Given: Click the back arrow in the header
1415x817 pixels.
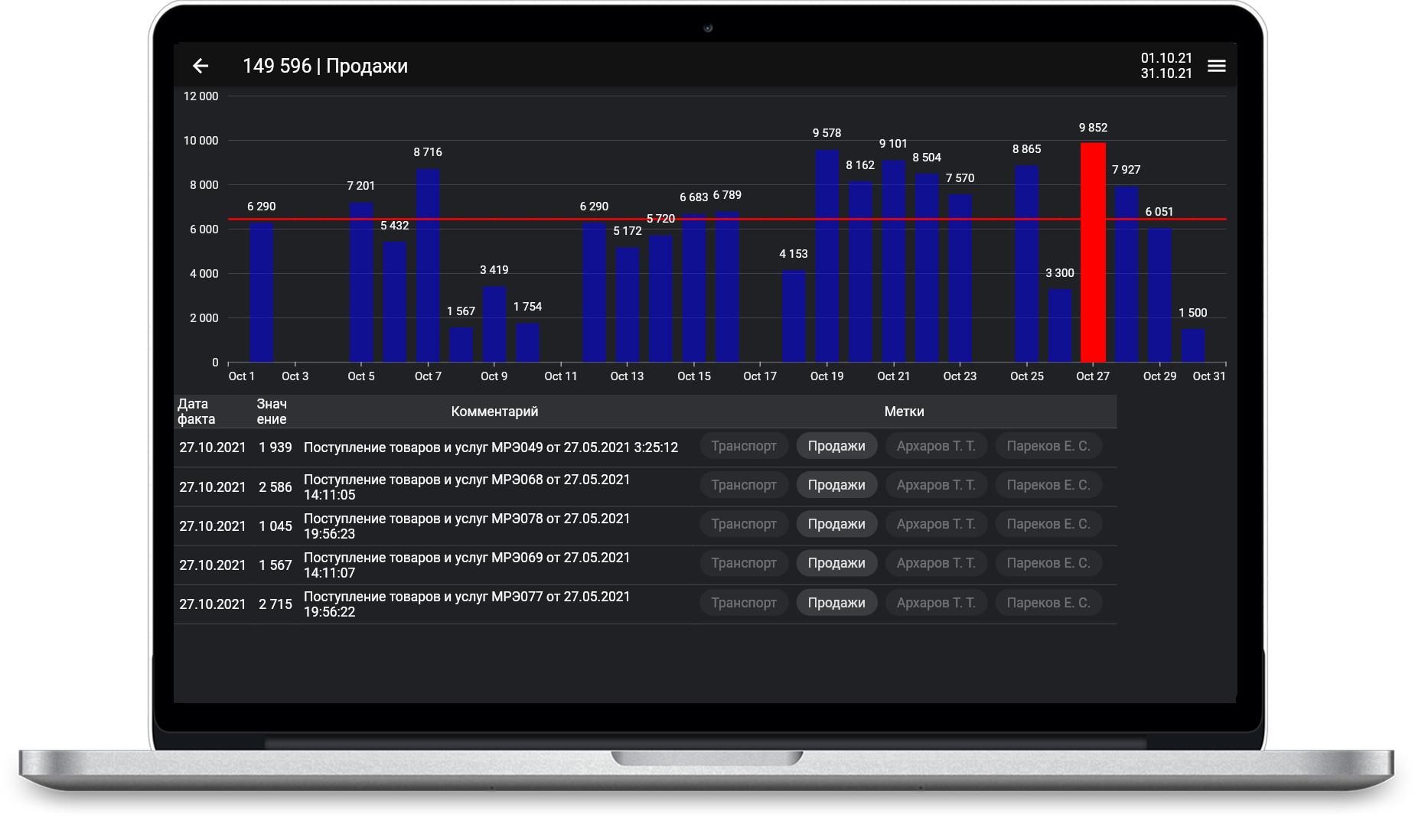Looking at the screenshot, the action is coord(201,67).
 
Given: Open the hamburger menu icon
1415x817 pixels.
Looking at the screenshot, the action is coord(1216,67).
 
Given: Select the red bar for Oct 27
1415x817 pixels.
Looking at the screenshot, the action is coord(1093,252).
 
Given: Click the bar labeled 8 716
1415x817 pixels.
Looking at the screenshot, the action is coord(428,265).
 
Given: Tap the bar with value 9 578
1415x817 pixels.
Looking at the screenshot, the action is coord(827,256).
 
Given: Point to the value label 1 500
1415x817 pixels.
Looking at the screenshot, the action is coord(1192,313).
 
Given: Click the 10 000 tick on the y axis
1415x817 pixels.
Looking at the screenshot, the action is coord(201,141).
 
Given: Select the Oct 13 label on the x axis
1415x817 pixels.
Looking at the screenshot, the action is coord(627,376).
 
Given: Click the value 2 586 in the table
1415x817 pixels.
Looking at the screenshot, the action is coord(276,487).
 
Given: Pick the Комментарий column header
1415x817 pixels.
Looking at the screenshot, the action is coord(494,412).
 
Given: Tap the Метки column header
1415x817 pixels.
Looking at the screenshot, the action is coord(904,412).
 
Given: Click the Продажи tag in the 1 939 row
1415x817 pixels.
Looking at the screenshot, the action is coord(836,446).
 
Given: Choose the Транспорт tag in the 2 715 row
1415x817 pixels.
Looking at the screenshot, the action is coord(744,603).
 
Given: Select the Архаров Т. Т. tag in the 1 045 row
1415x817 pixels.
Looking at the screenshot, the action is coord(936,524).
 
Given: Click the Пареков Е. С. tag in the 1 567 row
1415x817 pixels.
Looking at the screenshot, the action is coord(1048,563).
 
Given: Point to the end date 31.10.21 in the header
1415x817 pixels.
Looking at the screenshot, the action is coord(1166,73).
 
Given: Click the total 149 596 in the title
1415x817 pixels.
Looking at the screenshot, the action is coord(277,67).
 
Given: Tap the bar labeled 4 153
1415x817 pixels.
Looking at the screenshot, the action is coord(794,316).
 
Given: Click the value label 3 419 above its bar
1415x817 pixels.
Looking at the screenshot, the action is coord(494,270).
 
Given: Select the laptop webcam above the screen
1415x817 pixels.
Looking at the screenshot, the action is coord(708,28).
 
